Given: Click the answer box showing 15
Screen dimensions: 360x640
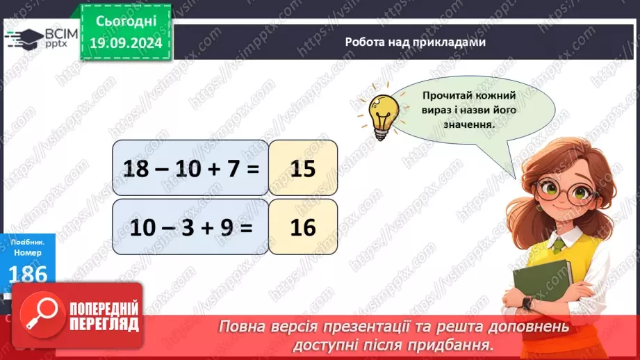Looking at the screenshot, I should (303, 168).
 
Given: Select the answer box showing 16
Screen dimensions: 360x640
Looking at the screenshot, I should (303, 227).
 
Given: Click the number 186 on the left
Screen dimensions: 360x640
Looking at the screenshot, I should (28, 275).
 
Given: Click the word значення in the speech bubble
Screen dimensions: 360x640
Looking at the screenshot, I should (472, 125).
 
